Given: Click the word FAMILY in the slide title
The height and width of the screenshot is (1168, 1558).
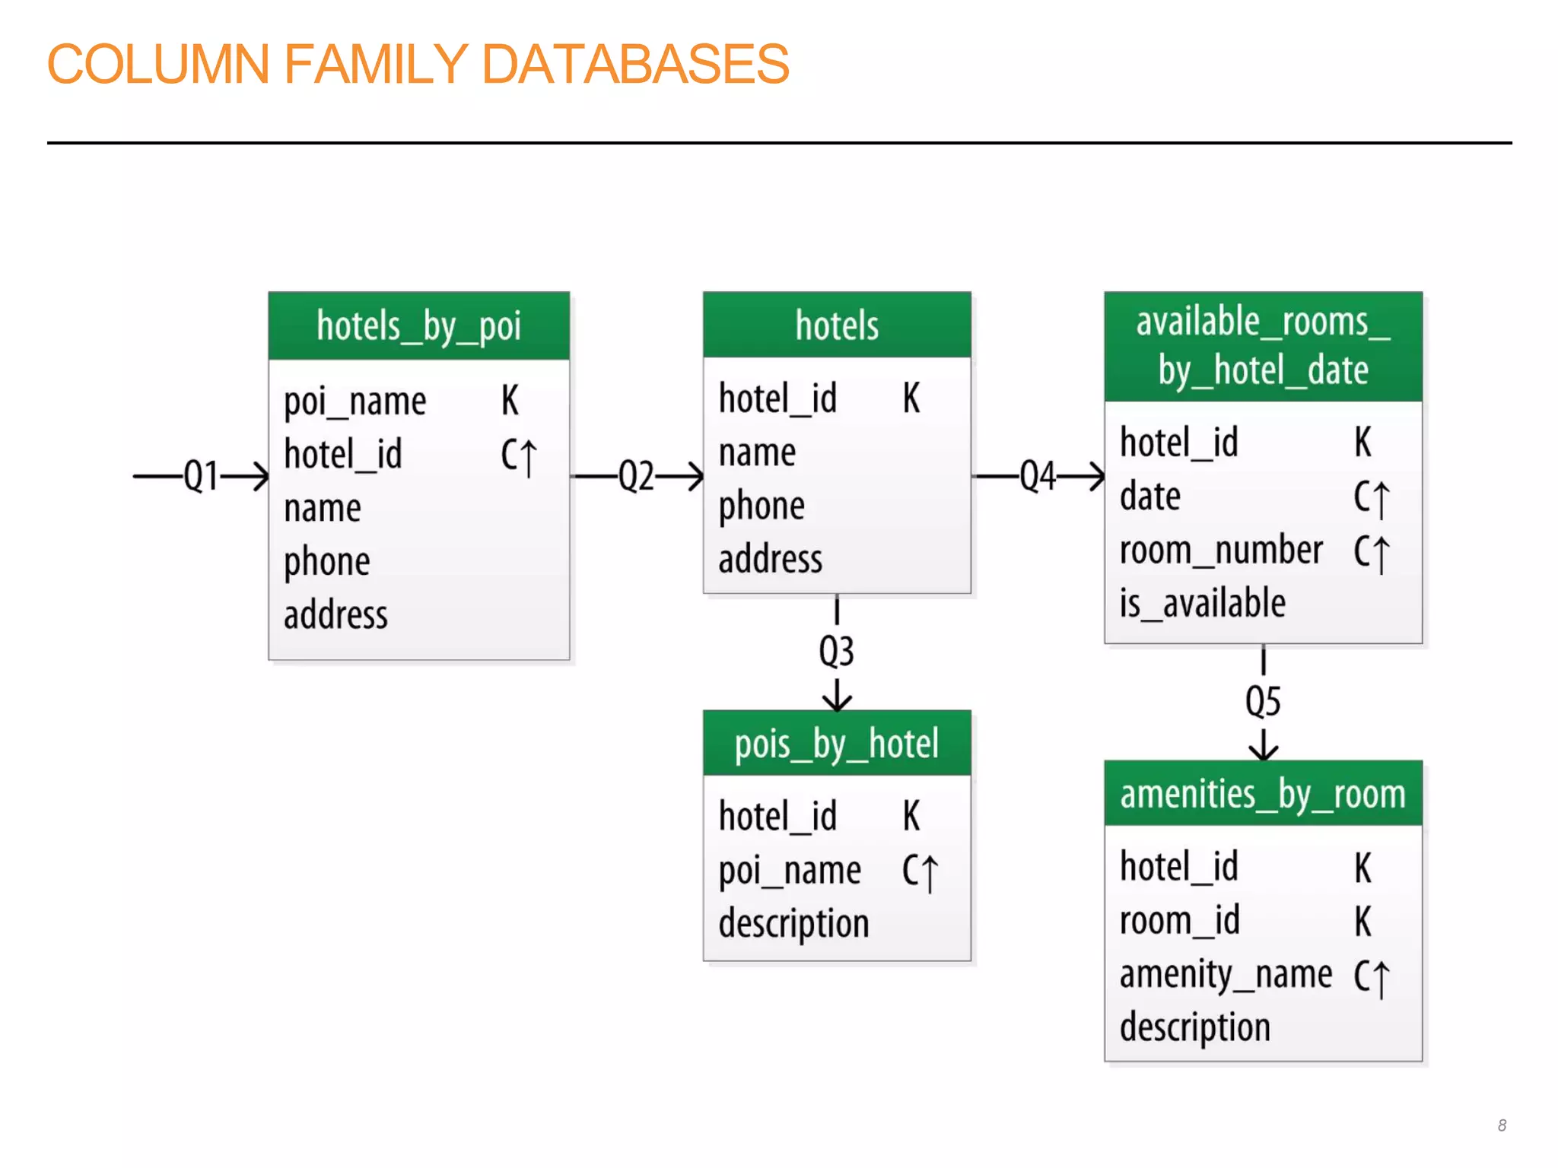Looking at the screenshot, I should click(x=376, y=64).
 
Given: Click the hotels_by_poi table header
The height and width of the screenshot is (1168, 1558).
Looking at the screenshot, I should click(x=418, y=326).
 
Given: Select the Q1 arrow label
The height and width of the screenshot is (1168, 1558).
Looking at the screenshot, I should click(x=201, y=477).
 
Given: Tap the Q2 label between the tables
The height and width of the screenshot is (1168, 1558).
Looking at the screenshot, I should click(x=636, y=477).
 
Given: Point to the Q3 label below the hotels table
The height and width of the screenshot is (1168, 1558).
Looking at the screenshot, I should click(x=836, y=652).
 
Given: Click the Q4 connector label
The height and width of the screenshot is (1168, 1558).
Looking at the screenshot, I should click(x=1038, y=477).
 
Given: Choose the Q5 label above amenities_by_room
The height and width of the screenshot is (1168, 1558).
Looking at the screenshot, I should click(x=1263, y=701).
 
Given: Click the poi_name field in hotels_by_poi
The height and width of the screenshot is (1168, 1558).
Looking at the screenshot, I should click(x=355, y=401).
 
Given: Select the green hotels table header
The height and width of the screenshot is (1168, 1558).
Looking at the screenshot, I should click(x=837, y=325).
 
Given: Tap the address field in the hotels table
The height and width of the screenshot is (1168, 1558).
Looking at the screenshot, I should click(x=770, y=560).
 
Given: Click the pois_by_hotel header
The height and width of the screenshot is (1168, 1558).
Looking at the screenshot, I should click(x=837, y=744).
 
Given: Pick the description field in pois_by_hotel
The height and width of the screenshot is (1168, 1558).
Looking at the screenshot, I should click(x=793, y=924).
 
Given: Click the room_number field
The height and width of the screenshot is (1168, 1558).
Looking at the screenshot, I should click(x=1221, y=551).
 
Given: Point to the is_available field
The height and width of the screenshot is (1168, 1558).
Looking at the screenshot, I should click(x=1202, y=604).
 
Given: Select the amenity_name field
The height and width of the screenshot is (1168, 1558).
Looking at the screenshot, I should click(x=1226, y=976).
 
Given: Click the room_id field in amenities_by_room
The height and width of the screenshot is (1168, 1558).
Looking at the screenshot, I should click(x=1179, y=921).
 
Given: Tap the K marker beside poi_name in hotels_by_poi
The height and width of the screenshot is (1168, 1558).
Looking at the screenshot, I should click(x=510, y=401).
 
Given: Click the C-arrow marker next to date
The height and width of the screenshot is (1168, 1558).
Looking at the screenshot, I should click(x=1371, y=498).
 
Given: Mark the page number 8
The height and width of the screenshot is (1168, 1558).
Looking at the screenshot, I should click(x=1502, y=1125).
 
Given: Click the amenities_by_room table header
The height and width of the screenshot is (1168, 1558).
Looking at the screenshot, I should click(x=1263, y=795).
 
